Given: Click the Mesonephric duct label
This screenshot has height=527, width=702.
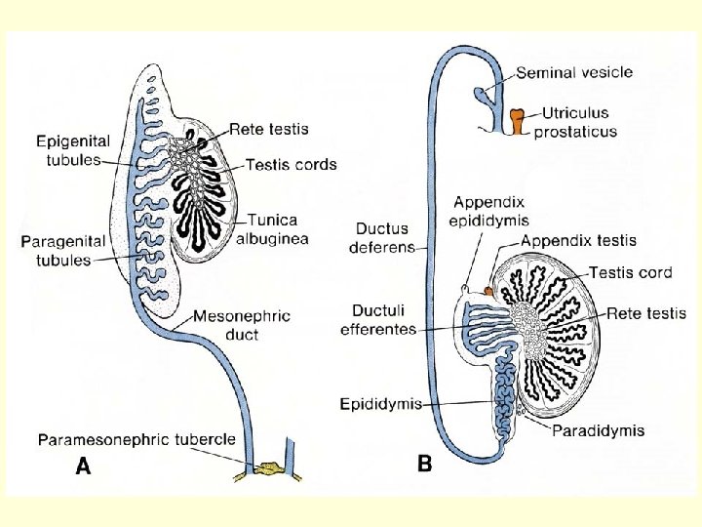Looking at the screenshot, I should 240,325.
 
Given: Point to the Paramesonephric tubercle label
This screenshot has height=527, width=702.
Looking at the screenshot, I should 136,440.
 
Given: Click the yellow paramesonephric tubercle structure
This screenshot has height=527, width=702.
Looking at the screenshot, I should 265,471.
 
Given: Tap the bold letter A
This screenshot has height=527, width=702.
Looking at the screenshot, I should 84,467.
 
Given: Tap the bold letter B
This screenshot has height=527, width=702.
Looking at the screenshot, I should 424,465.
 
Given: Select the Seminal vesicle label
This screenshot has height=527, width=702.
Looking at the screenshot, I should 573,72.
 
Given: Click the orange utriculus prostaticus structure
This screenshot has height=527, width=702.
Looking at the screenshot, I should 517,122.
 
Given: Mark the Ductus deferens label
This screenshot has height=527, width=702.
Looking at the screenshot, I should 381,238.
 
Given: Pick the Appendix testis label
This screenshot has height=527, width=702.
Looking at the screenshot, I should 578,240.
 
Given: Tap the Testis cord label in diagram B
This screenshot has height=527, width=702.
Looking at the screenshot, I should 630,272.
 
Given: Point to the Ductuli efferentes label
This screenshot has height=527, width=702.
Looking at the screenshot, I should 380,320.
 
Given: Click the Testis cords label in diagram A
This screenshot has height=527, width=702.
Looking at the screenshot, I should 290,164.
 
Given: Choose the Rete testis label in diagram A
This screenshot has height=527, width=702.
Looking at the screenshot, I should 269,128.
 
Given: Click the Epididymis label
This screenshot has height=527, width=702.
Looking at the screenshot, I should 380,403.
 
